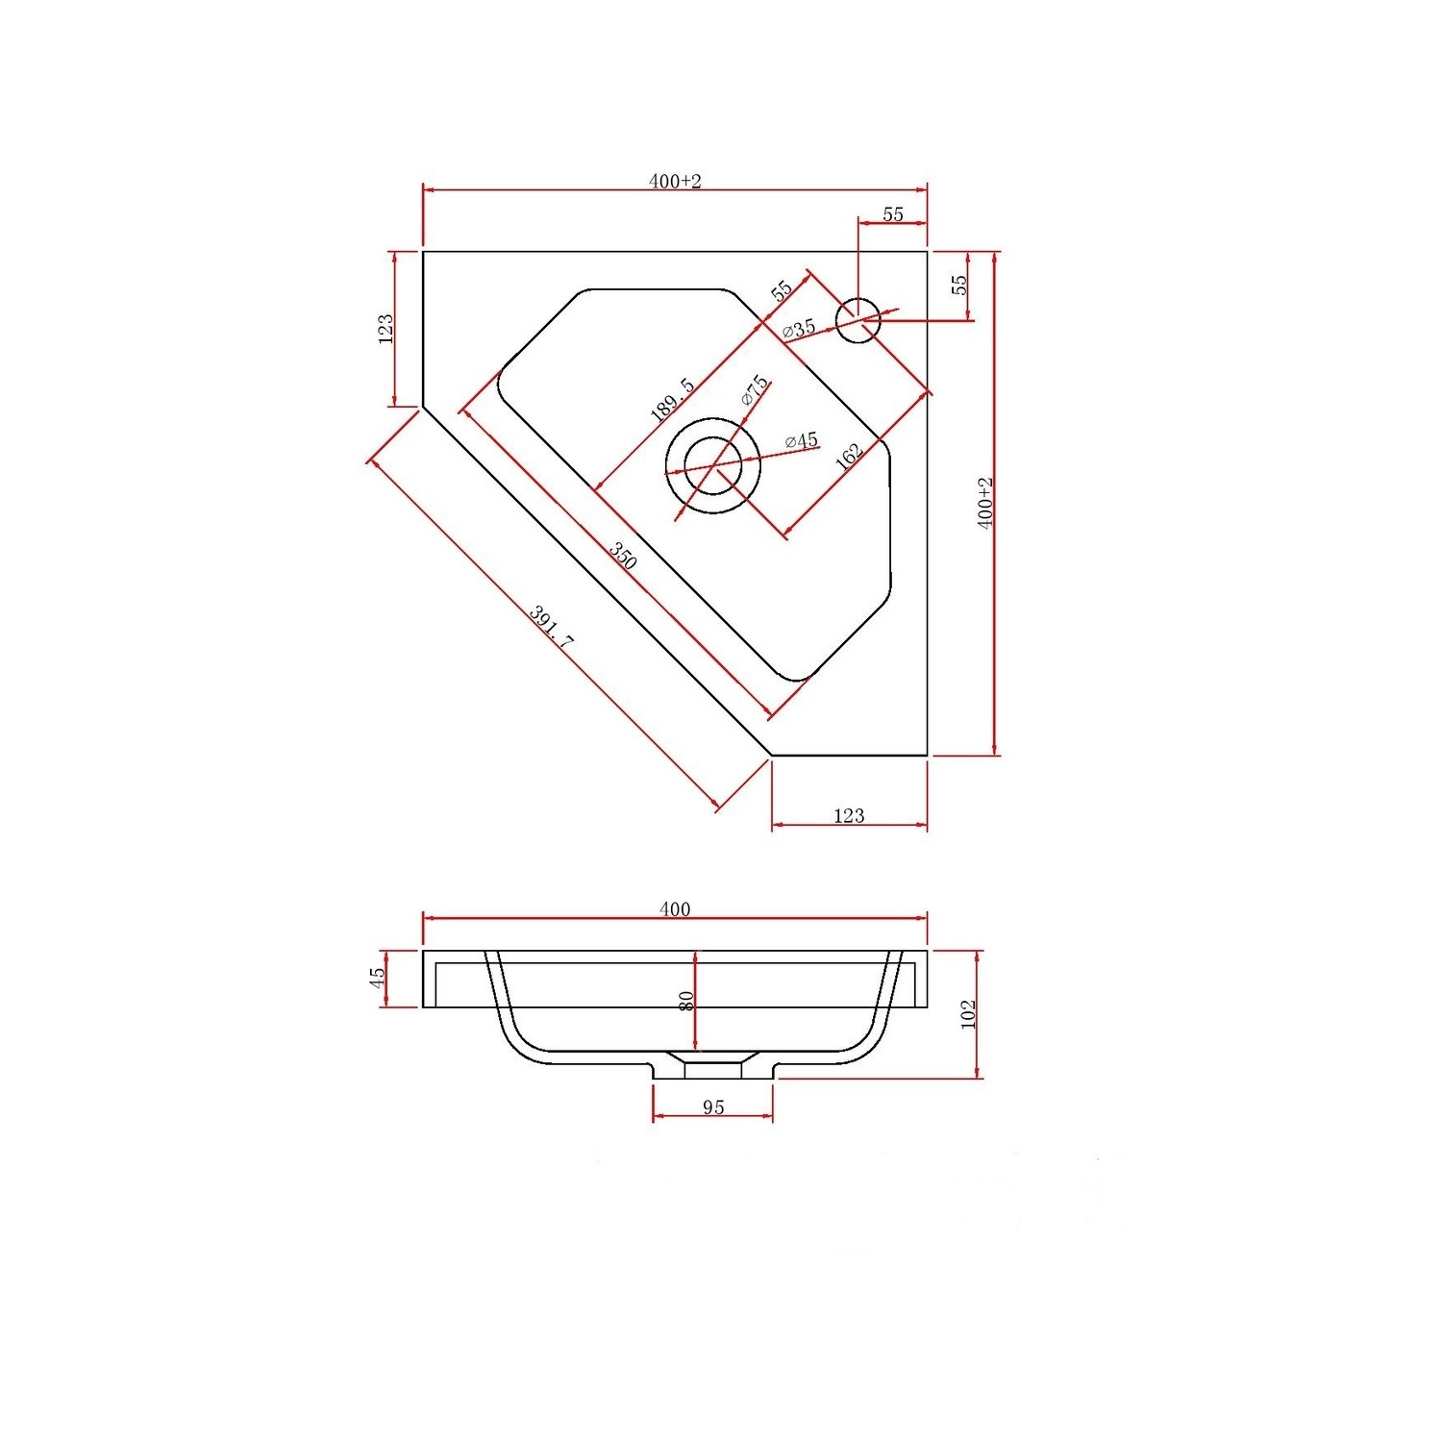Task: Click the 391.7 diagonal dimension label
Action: coord(552,629)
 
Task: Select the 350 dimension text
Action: coord(623,557)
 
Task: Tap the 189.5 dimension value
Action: coord(673,399)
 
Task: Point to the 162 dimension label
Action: coord(850,456)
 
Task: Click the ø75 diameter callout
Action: coord(755,389)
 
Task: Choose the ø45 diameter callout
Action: coord(801,441)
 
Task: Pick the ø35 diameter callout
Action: coord(799,328)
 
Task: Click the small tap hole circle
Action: coord(858,320)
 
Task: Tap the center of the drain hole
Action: coord(712,465)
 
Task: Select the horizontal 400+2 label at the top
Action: coord(675,181)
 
